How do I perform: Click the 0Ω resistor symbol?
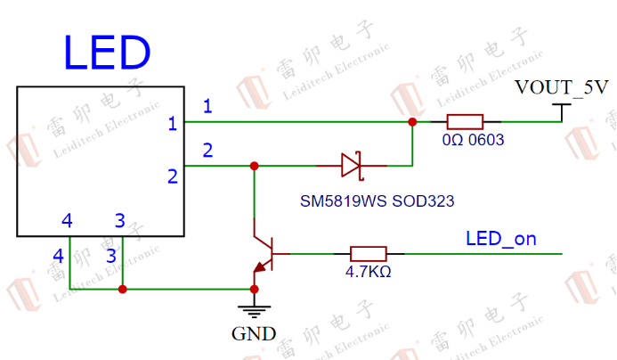pyautogui.click(x=464, y=122)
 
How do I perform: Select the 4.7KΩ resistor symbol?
pyautogui.click(x=368, y=254)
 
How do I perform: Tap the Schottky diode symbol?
pyautogui.click(x=350, y=165)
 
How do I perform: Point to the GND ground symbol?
pyautogui.click(x=254, y=309)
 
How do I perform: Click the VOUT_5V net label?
pyautogui.click(x=562, y=88)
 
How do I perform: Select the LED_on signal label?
pyautogui.click(x=500, y=239)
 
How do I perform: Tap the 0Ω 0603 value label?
pyautogui.click(x=474, y=141)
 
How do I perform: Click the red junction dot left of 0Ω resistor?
pyautogui.click(x=411, y=121)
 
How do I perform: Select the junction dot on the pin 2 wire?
pyautogui.click(x=255, y=166)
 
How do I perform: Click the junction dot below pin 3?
pyautogui.click(x=122, y=289)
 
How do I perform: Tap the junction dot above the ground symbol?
pyautogui.click(x=254, y=289)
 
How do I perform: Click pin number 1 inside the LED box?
pyautogui.click(x=173, y=124)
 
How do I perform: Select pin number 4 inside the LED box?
pyautogui.click(x=66, y=220)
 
